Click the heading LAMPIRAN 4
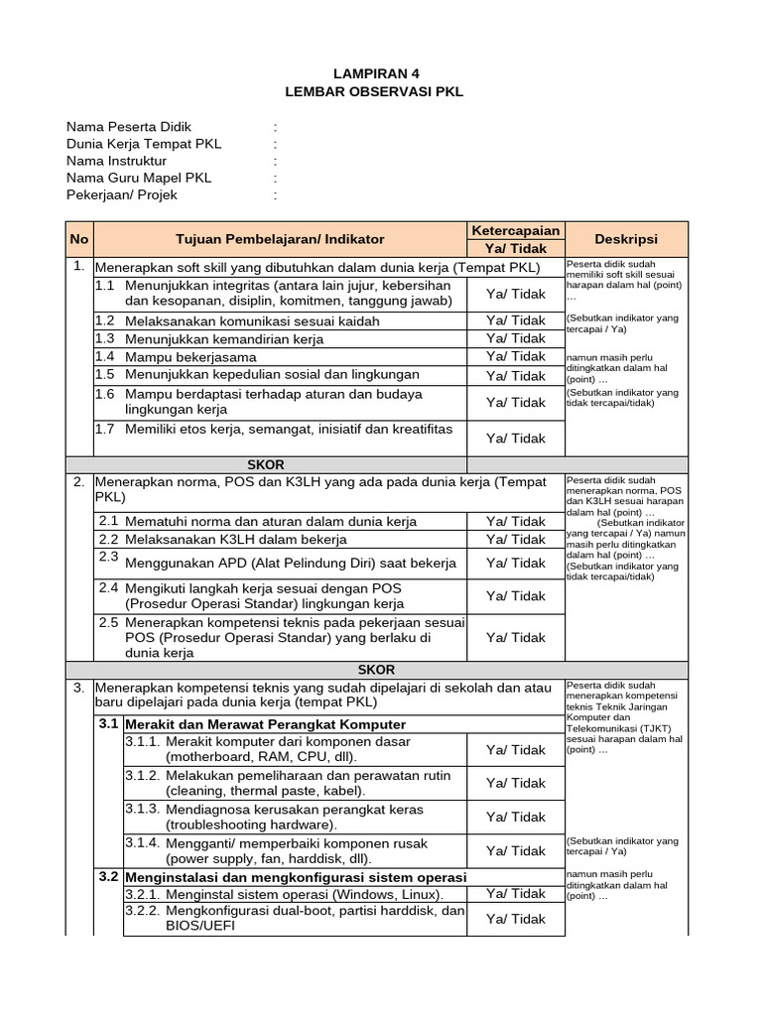pos(382,72)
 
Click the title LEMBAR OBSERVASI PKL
pos(382,91)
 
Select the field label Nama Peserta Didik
pos(129,127)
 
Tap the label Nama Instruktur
pos(116,161)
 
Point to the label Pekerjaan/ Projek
pos(122,194)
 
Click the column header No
pos(79,239)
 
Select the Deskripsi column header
pos(625,239)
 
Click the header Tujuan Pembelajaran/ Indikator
pos(280,239)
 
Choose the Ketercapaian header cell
pos(515,230)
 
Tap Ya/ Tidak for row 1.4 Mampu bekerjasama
pos(516,356)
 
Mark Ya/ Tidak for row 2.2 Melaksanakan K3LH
pos(516,540)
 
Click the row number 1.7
pos(105,429)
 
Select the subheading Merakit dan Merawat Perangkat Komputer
pos(266,724)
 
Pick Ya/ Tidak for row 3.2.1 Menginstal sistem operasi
pos(516,895)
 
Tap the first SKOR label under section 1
pos(265,463)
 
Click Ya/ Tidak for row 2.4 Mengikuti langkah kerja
pos(516,596)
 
